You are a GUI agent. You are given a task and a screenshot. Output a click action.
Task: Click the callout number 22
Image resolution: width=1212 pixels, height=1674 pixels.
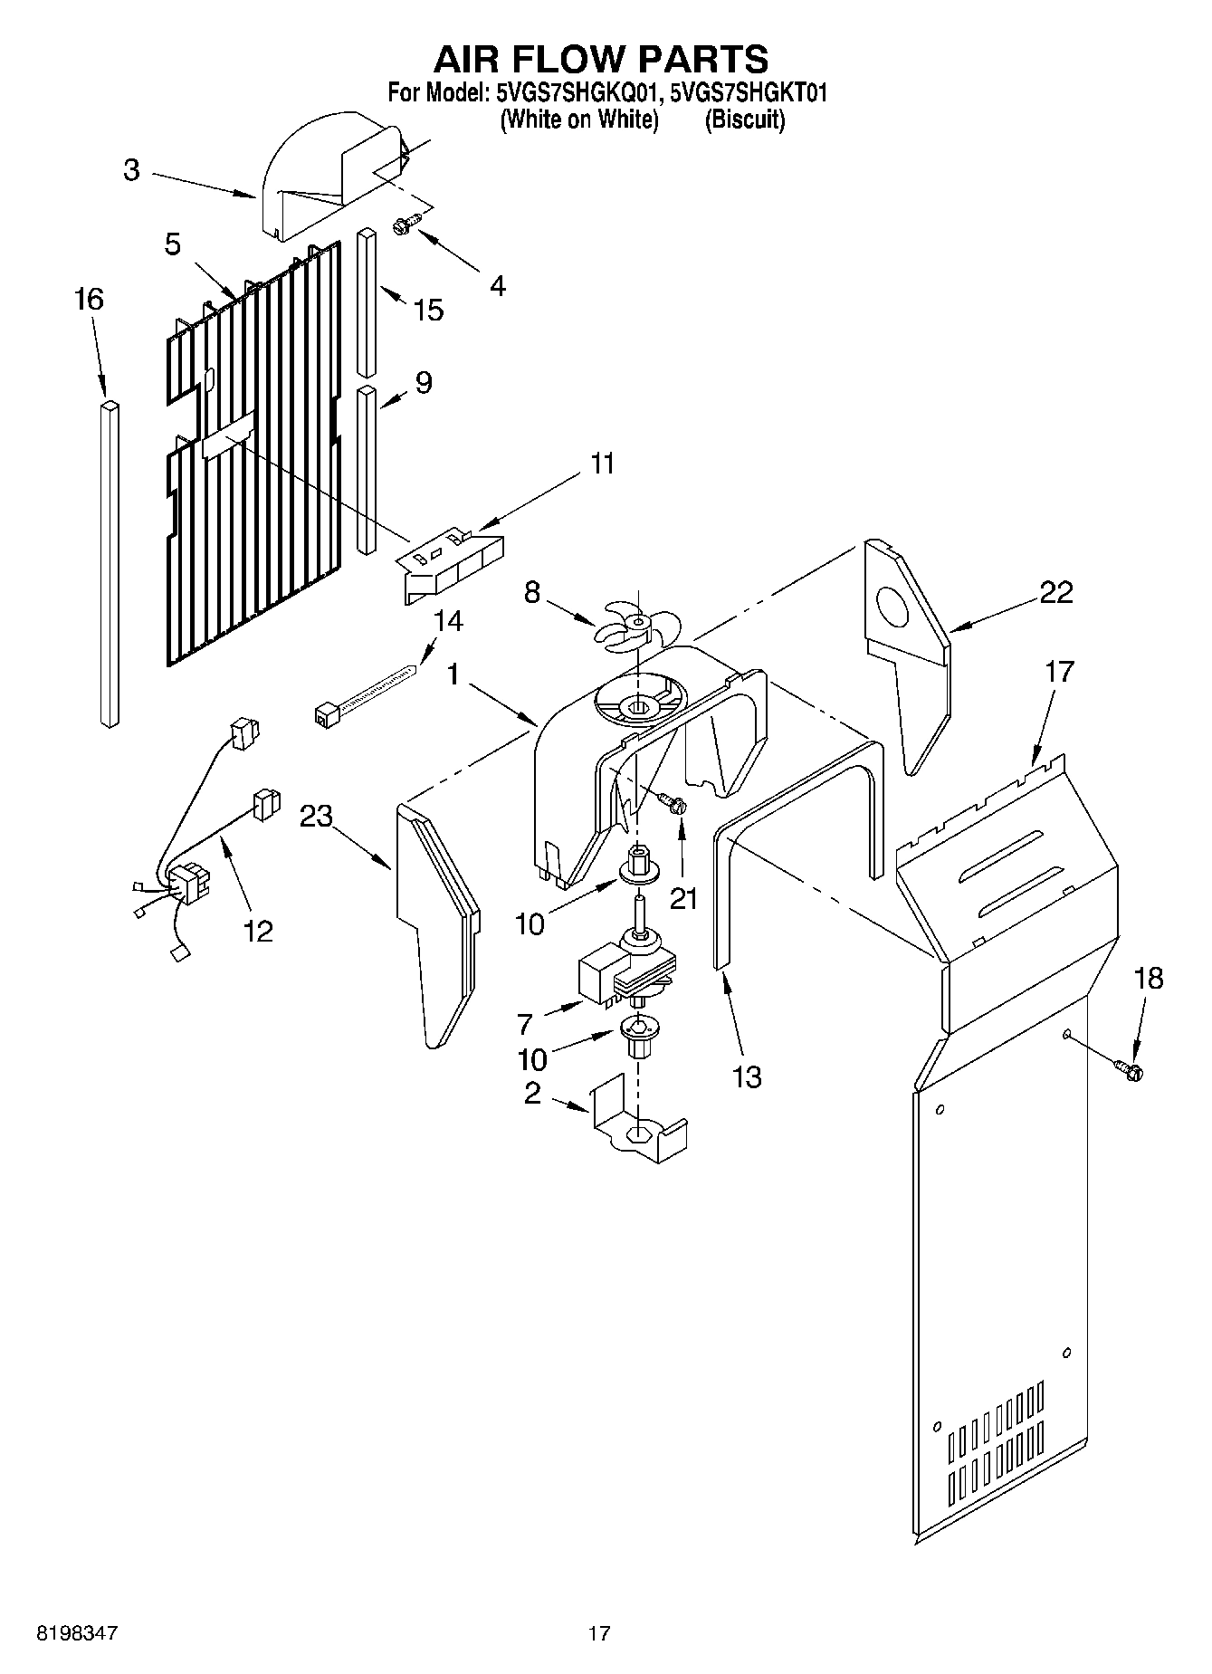[x=1055, y=592]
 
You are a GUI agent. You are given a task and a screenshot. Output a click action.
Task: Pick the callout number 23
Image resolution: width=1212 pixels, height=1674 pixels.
[x=317, y=816]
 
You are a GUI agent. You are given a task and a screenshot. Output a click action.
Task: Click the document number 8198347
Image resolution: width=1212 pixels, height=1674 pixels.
[x=77, y=1633]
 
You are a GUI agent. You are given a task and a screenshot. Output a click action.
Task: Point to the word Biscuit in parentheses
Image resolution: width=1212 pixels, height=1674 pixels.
[x=744, y=120]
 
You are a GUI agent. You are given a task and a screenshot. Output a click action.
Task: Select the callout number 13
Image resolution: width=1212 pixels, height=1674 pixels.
[x=747, y=1076]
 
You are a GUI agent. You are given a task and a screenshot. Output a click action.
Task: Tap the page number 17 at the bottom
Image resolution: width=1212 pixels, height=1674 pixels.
[x=598, y=1633]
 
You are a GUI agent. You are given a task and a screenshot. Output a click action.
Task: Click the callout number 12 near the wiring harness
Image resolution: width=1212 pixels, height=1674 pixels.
[x=258, y=930]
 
